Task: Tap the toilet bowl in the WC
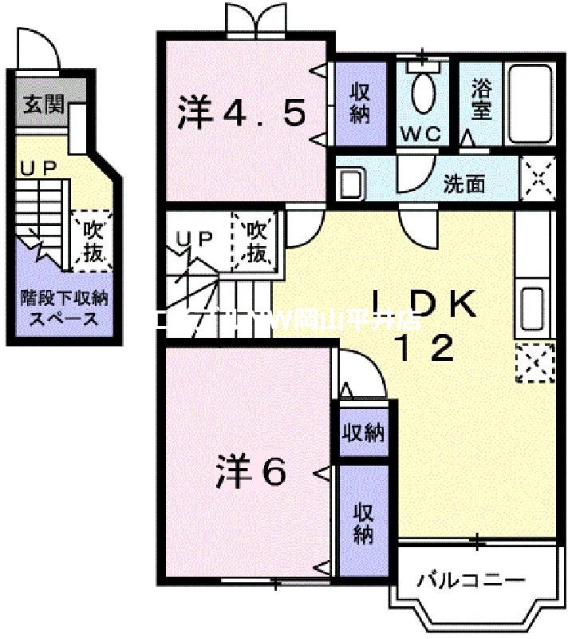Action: pos(422,91)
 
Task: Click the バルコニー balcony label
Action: pos(471,579)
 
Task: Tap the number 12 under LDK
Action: pos(429,348)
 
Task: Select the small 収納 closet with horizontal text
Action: pos(363,433)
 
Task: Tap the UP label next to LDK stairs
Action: pos(194,238)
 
